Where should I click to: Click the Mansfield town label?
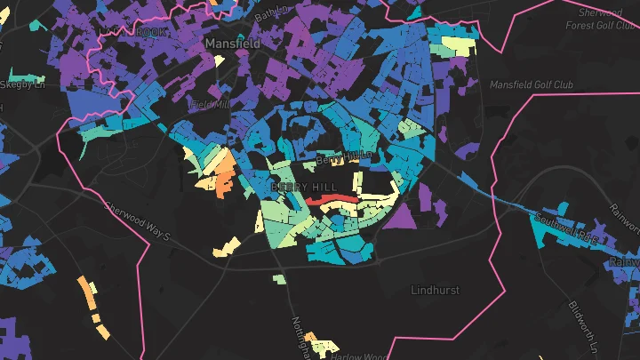pyautogui.click(x=234, y=42)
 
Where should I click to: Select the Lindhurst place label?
pyautogui.click(x=436, y=290)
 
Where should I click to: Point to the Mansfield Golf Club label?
pyautogui.click(x=532, y=84)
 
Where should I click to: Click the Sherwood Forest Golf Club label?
pyautogui.click(x=601, y=20)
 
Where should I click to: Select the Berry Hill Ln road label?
pyautogui.click(x=342, y=158)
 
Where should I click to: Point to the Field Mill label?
pyautogui.click(x=211, y=104)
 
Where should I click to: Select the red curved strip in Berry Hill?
pyautogui.click(x=332, y=201)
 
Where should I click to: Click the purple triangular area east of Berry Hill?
pyautogui.click(x=399, y=217)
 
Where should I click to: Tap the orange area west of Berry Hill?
pyautogui.click(x=223, y=172)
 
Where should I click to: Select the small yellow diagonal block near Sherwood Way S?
pyautogui.click(x=226, y=245)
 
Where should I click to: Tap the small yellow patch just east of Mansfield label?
pyautogui.click(x=219, y=62)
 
